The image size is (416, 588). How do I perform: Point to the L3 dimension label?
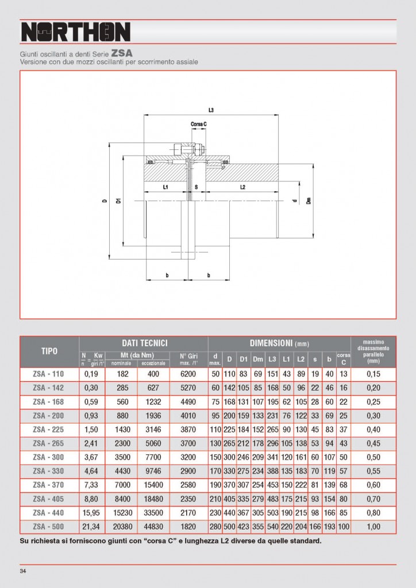click(211, 110)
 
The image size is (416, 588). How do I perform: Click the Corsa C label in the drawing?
click(199, 123)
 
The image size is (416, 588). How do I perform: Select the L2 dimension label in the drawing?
click(242, 187)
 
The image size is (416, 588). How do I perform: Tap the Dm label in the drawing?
click(309, 200)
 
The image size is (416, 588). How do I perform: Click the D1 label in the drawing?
click(118, 200)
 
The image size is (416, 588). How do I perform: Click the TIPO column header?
click(49, 351)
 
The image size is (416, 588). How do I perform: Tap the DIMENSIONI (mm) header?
click(279, 343)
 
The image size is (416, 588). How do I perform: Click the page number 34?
click(23, 571)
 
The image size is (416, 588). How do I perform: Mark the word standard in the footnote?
click(302, 540)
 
